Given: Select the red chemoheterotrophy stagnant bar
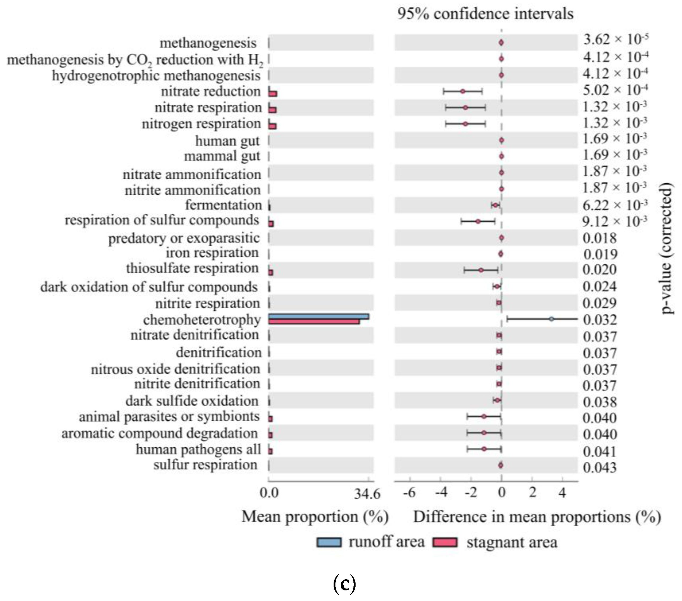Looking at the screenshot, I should pyautogui.click(x=314, y=322).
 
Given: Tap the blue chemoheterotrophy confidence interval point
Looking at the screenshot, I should pyautogui.click(x=551, y=319).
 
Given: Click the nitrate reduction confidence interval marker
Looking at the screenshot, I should pyautogui.click(x=463, y=91).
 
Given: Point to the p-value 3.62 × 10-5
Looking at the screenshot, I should pyautogui.click(x=615, y=40).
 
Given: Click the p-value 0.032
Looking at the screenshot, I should pyautogui.click(x=600, y=320).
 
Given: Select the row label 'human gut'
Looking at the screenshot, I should pyautogui.click(x=227, y=141).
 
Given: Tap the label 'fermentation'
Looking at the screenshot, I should pyautogui.click(x=223, y=205).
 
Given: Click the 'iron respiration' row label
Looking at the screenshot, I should pyautogui.click(x=212, y=253).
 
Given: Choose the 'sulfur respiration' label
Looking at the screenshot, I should pyautogui.click(x=205, y=465).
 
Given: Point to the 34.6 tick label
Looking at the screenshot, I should pyautogui.click(x=367, y=494).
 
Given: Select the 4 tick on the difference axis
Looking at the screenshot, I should pyautogui.click(x=562, y=492).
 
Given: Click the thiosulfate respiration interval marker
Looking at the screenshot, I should pyautogui.click(x=481, y=270).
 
